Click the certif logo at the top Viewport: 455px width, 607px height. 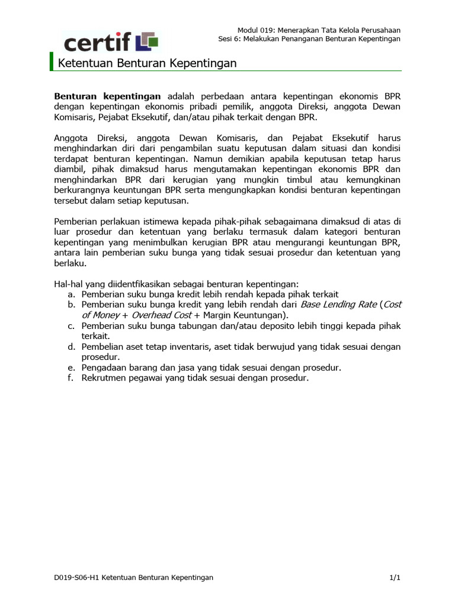pos(111,41)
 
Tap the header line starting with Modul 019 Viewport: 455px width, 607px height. pos(319,30)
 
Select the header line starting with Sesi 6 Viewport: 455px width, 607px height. pos(309,39)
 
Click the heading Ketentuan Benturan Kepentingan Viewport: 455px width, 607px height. pos(147,63)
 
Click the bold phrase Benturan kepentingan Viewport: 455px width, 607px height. pos(107,95)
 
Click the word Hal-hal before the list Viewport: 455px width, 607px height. pos(67,284)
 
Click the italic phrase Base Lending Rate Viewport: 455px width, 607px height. pos(338,304)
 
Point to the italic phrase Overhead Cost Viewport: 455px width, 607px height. pos(161,315)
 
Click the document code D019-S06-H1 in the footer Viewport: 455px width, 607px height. pos(76,577)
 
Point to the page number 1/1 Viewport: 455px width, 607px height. pos(395,577)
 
